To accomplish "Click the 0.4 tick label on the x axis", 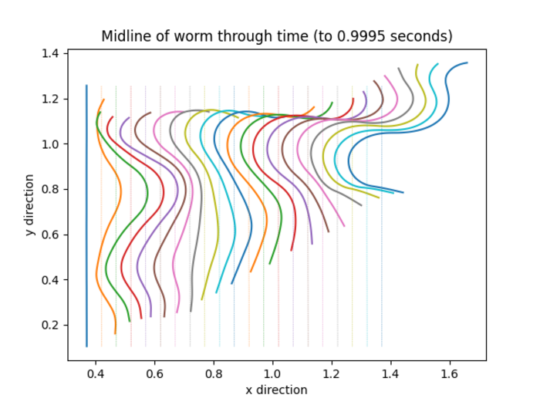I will pos(96,373).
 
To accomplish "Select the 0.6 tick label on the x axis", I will pos(154,373).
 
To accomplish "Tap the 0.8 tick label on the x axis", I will pos(214,373).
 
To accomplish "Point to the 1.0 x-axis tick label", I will pos(272,373).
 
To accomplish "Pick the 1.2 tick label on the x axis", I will pos(331,373).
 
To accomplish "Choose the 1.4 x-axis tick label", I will pos(390,373).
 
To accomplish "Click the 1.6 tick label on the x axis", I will pos(449,373).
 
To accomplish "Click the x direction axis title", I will pos(276,390).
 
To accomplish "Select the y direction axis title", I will pos(29,205).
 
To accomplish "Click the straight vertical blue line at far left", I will pos(86,216).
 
